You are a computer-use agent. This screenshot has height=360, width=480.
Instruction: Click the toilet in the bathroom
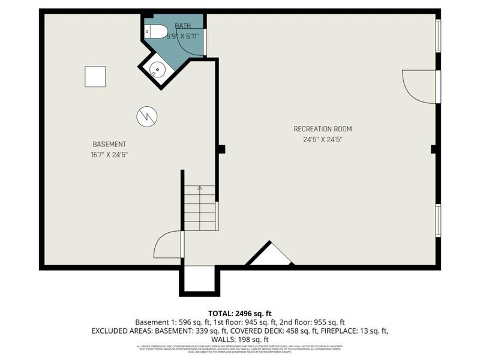(x=158, y=31)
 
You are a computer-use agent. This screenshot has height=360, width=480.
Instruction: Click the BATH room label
(x=183, y=26)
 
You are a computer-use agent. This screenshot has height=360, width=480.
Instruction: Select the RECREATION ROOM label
(x=322, y=129)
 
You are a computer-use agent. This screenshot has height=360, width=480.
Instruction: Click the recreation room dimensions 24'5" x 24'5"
(x=322, y=140)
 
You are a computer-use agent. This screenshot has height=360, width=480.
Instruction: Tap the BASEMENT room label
(x=109, y=144)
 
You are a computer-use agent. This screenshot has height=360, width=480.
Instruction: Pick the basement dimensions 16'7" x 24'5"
(x=109, y=155)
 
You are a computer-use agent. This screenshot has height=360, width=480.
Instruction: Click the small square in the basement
(x=95, y=76)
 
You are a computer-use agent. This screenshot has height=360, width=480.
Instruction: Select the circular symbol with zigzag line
(x=146, y=116)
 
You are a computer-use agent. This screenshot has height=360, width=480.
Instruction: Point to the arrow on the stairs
(x=200, y=189)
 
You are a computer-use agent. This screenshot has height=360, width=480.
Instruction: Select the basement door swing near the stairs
(x=169, y=245)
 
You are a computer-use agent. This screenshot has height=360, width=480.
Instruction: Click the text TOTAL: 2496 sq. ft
(x=240, y=313)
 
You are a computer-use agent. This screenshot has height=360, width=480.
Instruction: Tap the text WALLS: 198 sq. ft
(x=240, y=339)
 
